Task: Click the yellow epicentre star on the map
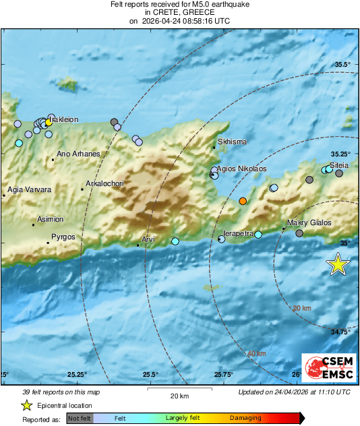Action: [338, 265]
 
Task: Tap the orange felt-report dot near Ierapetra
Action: [243, 201]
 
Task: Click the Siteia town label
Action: [339, 164]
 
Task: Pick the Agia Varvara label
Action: [30, 190]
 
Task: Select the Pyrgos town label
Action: [63, 237]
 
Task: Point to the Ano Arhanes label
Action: [78, 154]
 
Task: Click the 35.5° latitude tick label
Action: [343, 65]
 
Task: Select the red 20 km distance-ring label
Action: [302, 308]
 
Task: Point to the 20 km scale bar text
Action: [179, 395]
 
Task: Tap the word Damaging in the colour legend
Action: [245, 418]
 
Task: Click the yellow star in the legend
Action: [26, 405]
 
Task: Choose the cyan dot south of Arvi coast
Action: [175, 241]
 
